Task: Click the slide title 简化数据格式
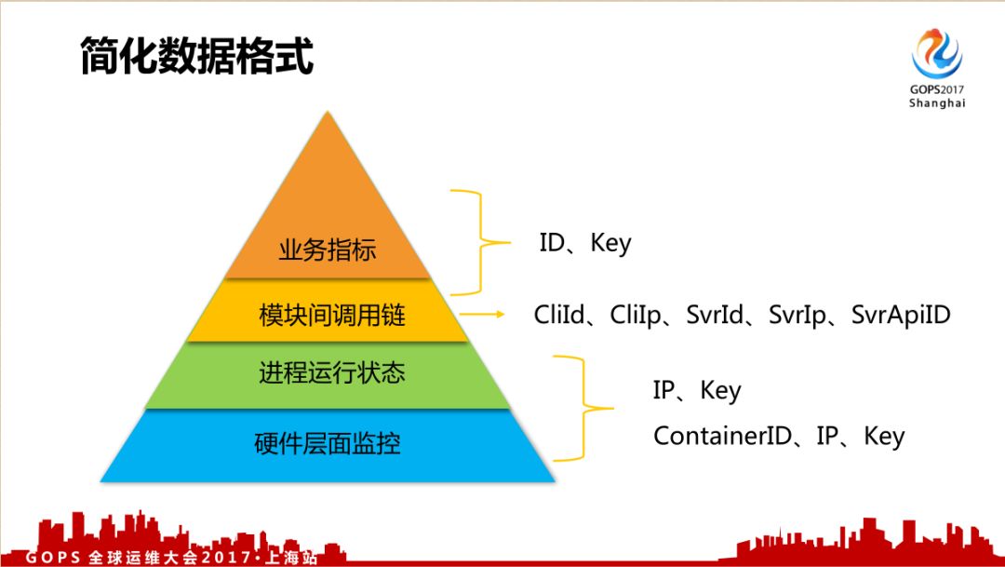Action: (x=196, y=57)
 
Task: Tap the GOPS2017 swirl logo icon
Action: (x=936, y=52)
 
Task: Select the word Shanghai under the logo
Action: (x=937, y=103)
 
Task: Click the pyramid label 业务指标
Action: (x=327, y=250)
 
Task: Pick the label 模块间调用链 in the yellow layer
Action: (x=332, y=316)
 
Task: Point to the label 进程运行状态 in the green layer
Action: (x=332, y=373)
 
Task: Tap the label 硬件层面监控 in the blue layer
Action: (x=328, y=443)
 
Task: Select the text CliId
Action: (x=560, y=315)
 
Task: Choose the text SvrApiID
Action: (x=901, y=315)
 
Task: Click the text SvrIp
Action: (x=797, y=315)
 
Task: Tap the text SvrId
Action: (x=715, y=315)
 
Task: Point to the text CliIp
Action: (x=636, y=315)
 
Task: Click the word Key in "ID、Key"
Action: (x=610, y=244)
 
